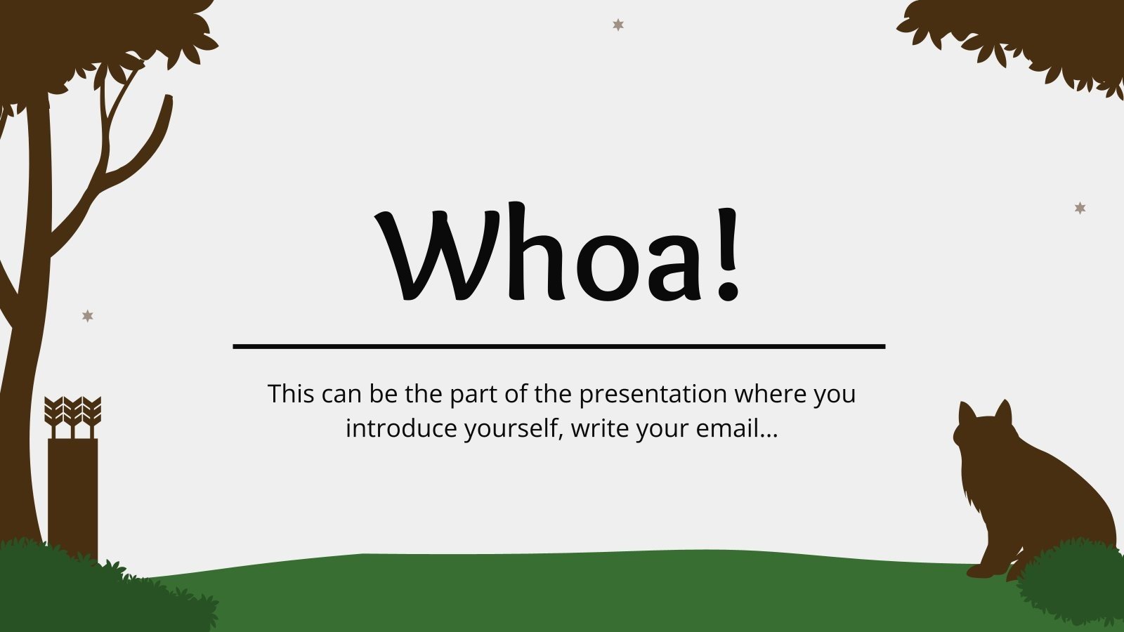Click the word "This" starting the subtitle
pyautogui.click(x=291, y=394)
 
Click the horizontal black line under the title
pyautogui.click(x=558, y=346)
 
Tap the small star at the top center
pyautogui.click(x=618, y=25)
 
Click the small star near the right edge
pyautogui.click(x=1080, y=208)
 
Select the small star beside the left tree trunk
pyautogui.click(x=88, y=316)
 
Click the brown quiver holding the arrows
pyautogui.click(x=73, y=492)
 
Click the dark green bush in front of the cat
pyautogui.click(x=1071, y=583)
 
